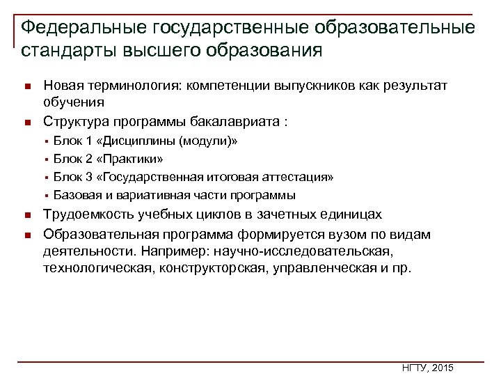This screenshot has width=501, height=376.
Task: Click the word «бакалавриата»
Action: [x=233, y=121]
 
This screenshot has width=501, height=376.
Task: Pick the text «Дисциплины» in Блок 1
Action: [x=143, y=141]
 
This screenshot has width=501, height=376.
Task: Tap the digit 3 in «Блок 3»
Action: [x=88, y=177]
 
